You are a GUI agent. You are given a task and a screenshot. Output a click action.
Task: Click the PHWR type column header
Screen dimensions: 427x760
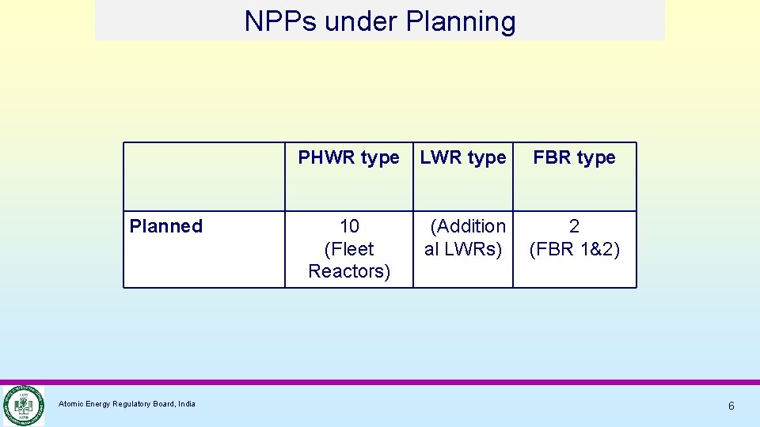pyautogui.click(x=348, y=157)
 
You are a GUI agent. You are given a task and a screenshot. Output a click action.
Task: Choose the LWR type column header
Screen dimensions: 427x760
pyautogui.click(x=463, y=157)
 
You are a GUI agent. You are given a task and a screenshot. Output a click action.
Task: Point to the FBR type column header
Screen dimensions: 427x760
pyautogui.click(x=574, y=157)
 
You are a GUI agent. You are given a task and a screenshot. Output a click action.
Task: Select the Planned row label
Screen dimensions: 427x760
pyautogui.click(x=166, y=226)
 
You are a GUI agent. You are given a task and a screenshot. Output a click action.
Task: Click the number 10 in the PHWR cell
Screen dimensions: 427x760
pyautogui.click(x=349, y=226)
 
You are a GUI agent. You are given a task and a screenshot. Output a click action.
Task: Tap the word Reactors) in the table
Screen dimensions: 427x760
pyautogui.click(x=349, y=271)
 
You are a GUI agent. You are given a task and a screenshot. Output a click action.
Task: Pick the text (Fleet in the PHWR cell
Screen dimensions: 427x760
pyautogui.click(x=349, y=249)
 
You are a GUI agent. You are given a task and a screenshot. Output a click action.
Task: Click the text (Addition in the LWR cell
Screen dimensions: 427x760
pyautogui.click(x=468, y=226)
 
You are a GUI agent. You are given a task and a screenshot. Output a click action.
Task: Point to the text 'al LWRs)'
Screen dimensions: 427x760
pyautogui.click(x=463, y=249)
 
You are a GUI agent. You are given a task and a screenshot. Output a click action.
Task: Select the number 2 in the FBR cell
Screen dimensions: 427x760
pyautogui.click(x=574, y=226)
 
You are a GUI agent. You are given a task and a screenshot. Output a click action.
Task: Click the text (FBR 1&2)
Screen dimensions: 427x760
pyautogui.click(x=574, y=249)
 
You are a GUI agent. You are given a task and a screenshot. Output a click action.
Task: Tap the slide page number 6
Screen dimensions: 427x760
pyautogui.click(x=731, y=406)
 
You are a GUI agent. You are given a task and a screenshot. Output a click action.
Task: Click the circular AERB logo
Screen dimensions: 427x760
pyautogui.click(x=22, y=405)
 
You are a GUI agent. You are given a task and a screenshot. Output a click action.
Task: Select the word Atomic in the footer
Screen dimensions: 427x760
pyautogui.click(x=70, y=404)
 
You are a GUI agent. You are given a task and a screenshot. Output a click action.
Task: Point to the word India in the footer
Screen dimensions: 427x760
pyautogui.click(x=187, y=404)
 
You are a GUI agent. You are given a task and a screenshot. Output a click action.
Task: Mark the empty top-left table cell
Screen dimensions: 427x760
pyautogui.click(x=203, y=176)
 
